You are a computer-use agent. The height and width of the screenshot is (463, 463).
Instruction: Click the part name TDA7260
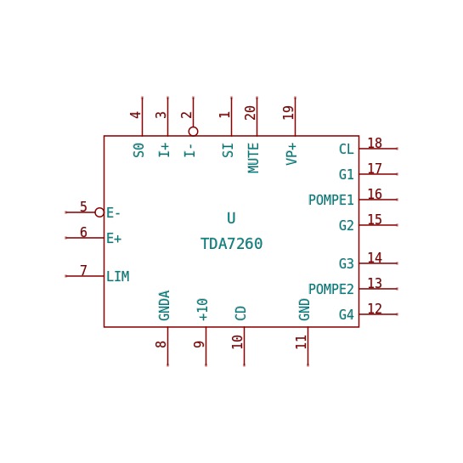(231, 244)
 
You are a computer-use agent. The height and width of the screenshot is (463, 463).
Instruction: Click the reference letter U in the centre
(231, 218)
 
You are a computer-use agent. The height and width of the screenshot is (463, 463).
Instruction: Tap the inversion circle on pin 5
(99, 212)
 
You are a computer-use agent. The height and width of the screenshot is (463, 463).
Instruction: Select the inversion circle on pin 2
(193, 131)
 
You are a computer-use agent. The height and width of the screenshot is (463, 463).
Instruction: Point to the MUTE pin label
(253, 158)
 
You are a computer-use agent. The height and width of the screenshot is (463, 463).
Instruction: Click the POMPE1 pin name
(331, 200)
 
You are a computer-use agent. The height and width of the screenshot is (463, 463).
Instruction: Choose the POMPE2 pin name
(331, 289)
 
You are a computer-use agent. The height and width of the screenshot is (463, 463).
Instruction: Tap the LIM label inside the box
(117, 277)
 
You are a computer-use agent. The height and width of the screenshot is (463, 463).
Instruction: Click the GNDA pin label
(164, 305)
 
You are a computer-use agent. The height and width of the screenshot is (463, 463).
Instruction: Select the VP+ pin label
(291, 154)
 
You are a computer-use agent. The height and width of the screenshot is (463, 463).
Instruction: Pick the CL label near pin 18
(347, 150)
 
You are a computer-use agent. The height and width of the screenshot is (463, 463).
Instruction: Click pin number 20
(251, 113)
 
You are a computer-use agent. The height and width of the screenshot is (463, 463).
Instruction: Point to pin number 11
(302, 342)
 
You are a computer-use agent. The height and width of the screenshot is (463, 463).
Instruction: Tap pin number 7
(83, 270)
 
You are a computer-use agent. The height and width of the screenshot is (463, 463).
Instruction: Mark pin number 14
(375, 257)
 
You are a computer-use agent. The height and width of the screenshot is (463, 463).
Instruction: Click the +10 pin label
(202, 309)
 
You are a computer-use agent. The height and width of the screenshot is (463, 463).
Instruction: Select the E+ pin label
(114, 238)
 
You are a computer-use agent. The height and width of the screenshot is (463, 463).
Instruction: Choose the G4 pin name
(347, 314)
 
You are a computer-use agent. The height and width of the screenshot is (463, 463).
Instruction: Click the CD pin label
(240, 313)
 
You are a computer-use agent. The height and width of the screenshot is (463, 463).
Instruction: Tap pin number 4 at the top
(136, 115)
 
